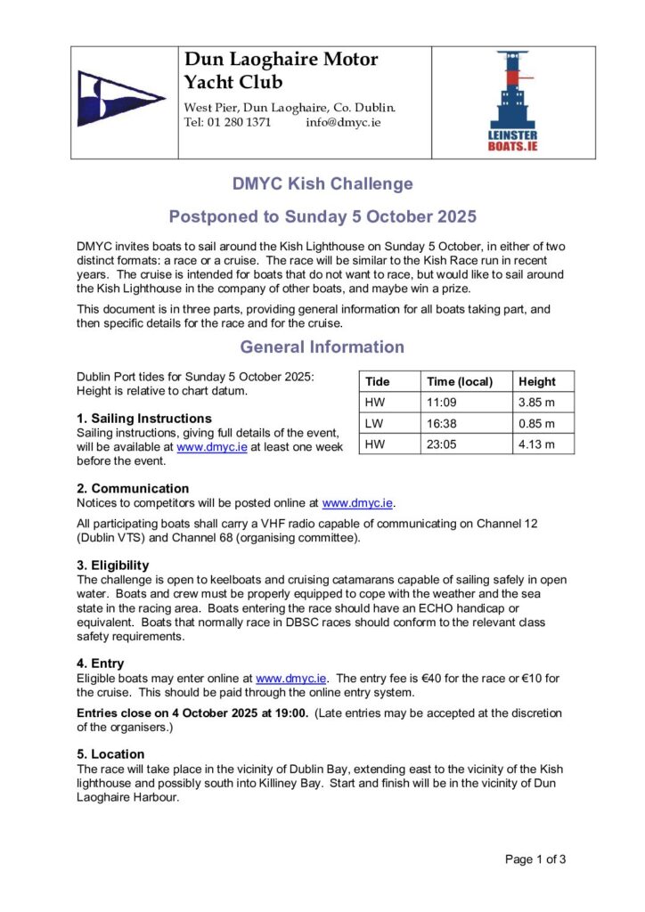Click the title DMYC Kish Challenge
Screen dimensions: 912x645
click(322, 184)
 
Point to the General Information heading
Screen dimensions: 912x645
click(322, 346)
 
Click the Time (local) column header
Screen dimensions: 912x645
click(460, 381)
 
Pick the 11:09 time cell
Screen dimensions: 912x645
click(442, 403)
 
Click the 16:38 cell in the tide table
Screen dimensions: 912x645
click(442, 423)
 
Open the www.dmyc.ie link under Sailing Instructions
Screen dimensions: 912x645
click(212, 447)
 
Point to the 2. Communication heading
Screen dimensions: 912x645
click(133, 488)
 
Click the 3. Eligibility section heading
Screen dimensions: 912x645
click(113, 565)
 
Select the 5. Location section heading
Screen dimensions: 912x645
click(110, 753)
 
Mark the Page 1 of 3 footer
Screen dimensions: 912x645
click(535, 859)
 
